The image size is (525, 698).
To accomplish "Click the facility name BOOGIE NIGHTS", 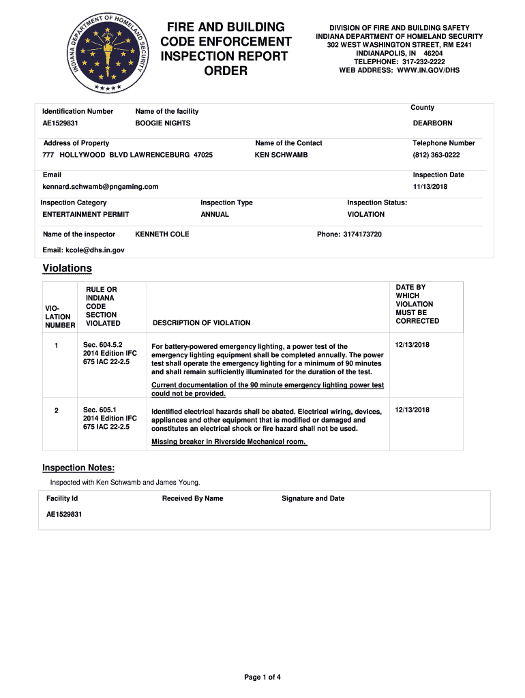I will point(163,123).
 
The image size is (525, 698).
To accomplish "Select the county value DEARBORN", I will point(432,123).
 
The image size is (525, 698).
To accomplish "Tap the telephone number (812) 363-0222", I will point(436,155).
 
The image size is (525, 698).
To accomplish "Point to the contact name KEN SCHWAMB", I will point(281,155).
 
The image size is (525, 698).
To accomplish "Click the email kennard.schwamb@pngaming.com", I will point(100,187).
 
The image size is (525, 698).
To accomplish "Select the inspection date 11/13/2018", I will point(430,187).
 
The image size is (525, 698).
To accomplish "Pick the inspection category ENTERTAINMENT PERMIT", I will point(86,215).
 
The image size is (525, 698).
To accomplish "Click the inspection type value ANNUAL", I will point(215,215).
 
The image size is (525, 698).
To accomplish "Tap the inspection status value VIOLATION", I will point(366,215).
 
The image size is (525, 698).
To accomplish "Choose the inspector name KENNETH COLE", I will point(162,234).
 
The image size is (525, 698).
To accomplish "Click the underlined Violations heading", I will point(67,269).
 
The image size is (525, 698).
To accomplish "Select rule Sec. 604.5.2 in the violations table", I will point(102,345).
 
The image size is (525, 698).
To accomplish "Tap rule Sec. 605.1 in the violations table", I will point(98,410).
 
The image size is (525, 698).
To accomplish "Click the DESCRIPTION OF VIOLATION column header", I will point(202,323).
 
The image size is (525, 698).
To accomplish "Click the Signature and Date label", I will point(313,499).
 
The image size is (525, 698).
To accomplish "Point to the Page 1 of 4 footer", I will point(262,678).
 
